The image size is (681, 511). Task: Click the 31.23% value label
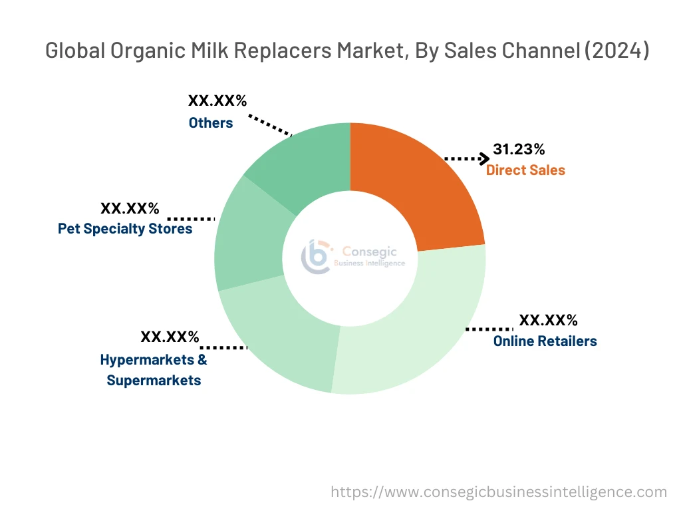tap(519, 149)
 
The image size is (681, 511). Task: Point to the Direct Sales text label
tap(525, 170)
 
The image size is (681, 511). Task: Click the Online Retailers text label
tap(545, 341)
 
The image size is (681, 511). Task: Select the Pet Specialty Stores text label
tap(125, 229)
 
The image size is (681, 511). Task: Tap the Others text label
tap(211, 123)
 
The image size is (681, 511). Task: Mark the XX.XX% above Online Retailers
tap(548, 320)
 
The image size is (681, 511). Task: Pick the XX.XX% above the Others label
tap(217, 101)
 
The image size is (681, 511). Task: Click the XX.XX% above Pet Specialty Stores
tap(130, 208)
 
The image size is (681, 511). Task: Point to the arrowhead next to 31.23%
tap(483, 158)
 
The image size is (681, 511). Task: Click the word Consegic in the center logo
tap(369, 252)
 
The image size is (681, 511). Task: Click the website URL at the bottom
tap(499, 492)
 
